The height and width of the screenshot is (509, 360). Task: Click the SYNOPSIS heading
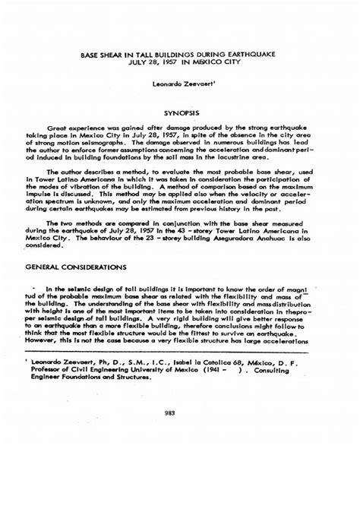pyautogui.click(x=181, y=113)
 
